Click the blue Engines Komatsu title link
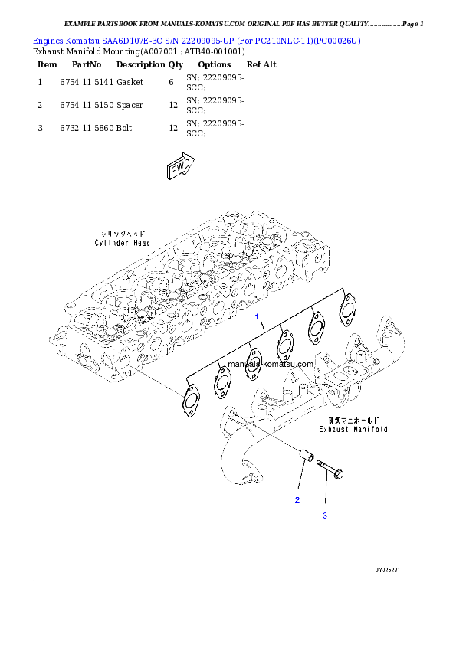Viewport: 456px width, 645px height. pos(196,39)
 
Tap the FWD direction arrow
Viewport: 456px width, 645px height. pos(181,168)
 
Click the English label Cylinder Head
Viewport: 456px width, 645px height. pos(123,243)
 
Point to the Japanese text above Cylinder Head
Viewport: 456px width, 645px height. pos(123,234)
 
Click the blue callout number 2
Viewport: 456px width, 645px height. pos(297,499)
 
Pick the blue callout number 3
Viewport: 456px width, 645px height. pos(324,516)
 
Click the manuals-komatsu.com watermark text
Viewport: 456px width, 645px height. pos(271,365)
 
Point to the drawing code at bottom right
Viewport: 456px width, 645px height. pos(389,570)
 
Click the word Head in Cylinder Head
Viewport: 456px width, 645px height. pos(140,243)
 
